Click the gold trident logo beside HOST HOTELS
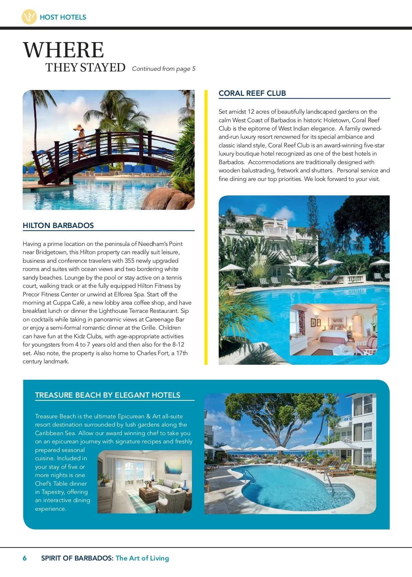point(29,17)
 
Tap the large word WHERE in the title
point(64,50)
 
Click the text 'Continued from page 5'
point(164,69)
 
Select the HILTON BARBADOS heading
point(58,226)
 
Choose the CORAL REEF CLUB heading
point(252,93)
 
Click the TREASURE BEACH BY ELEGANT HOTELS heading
point(107,395)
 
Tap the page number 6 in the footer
point(25,558)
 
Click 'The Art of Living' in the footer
point(142,558)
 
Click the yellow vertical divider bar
point(206,227)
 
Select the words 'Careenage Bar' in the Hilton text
point(165,319)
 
